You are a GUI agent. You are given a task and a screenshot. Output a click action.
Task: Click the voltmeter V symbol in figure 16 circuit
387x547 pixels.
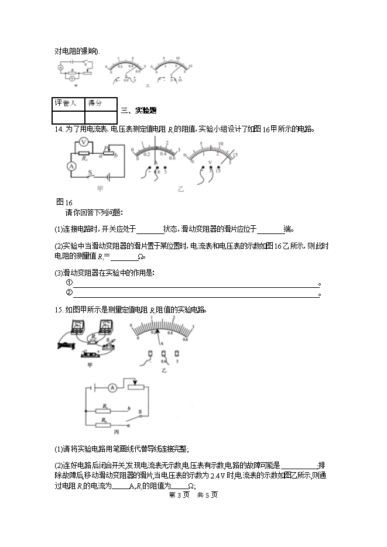tap(84, 142)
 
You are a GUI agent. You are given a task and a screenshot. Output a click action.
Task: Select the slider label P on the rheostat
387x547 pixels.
tap(106, 148)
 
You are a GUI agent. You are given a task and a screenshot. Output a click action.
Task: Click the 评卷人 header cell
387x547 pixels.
tap(66, 103)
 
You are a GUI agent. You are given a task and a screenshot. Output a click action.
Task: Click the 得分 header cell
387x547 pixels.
tap(95, 103)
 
